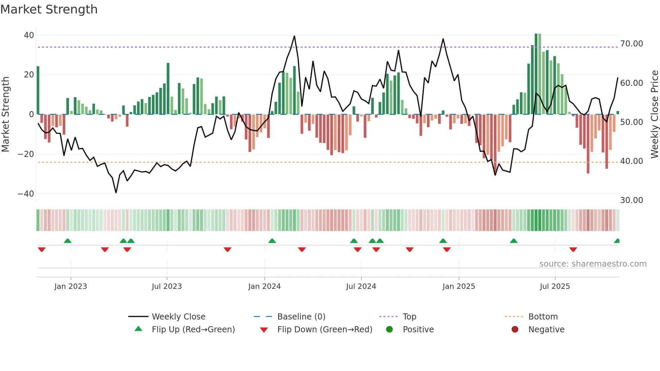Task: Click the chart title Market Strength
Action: tap(49, 9)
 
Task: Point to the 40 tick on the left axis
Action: tap(29, 35)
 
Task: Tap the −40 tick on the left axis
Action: tap(26, 194)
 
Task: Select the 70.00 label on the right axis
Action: tap(631, 44)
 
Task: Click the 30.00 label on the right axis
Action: tap(631, 200)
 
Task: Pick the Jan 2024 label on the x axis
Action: tap(264, 286)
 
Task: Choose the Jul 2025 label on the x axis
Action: tap(555, 286)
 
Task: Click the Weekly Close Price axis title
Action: tap(654, 114)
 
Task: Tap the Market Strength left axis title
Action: tap(6, 114)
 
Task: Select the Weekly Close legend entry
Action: tap(178, 317)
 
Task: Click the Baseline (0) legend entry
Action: tap(301, 317)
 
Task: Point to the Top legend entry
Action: tap(409, 317)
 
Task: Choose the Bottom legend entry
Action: tap(543, 317)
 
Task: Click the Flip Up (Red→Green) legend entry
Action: tap(193, 330)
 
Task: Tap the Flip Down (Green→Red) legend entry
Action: tap(325, 330)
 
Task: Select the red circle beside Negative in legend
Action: tap(515, 330)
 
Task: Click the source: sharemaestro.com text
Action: tap(593, 264)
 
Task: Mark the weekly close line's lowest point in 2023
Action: tap(116, 193)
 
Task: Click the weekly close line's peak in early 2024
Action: tap(294, 36)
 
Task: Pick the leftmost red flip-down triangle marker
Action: tap(42, 249)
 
